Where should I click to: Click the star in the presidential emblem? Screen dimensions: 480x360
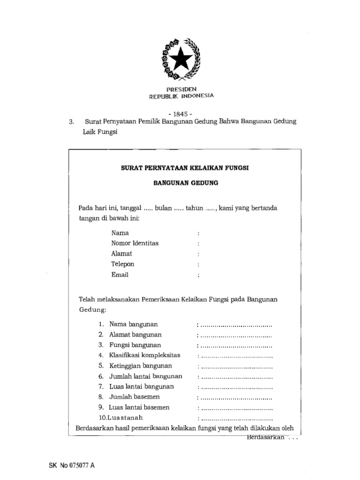coord(181,60)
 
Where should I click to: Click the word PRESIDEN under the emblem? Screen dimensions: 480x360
coord(181,89)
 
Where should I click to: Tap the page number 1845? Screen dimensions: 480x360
coord(180,113)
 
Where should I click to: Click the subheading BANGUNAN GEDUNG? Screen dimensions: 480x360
coord(186,183)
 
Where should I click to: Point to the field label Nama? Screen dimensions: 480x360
coord(120,233)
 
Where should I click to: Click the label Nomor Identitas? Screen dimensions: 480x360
coord(135,243)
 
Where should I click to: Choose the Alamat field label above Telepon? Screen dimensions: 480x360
coord(122,254)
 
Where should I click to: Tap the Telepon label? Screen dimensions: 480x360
coord(123,264)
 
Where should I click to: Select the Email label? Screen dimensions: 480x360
coord(120,275)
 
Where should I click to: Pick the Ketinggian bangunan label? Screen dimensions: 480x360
coord(141,366)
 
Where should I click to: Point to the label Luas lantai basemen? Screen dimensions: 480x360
coord(139,407)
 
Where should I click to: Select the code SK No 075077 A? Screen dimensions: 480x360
coord(71,466)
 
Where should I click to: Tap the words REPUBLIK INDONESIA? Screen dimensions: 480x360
coord(181,96)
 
